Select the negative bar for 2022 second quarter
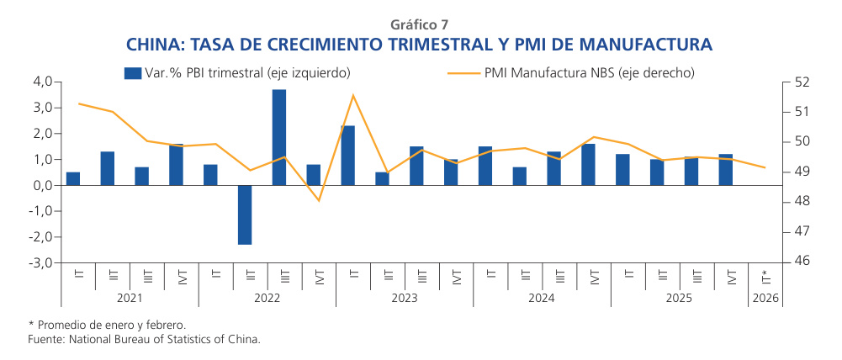[245, 214]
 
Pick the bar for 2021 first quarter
[73, 178]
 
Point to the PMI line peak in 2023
[353, 95]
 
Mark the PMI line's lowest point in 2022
[319, 200]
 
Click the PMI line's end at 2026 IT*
[765, 167]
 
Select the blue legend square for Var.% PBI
[132, 73]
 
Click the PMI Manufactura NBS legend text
[589, 73]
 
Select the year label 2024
[542, 297]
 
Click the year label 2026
[765, 297]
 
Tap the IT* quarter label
[765, 275]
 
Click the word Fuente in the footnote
[45, 339]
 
